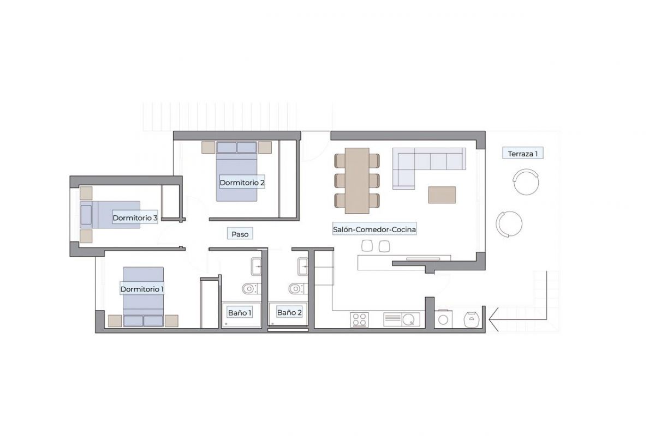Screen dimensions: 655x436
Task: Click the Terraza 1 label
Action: tap(522, 154)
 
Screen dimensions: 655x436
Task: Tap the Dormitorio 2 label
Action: tap(242, 183)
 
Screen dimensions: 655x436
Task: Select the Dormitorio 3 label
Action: tap(135, 218)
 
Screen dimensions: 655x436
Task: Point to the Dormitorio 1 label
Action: tap(142, 289)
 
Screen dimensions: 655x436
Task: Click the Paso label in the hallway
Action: tap(240, 234)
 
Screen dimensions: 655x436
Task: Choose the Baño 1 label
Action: tap(240, 313)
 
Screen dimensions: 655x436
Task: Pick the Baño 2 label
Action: tap(289, 312)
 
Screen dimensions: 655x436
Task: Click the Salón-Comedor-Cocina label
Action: tap(374, 229)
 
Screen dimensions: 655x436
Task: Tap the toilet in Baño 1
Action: tap(250, 289)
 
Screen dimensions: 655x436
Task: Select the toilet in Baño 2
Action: tap(297, 289)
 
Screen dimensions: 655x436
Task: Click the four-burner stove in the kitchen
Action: tap(359, 319)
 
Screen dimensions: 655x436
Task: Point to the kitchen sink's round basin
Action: tap(408, 319)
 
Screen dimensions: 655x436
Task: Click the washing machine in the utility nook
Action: tap(443, 319)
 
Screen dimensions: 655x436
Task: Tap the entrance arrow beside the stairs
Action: tap(517, 319)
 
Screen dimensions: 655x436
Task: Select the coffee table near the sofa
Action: tap(442, 195)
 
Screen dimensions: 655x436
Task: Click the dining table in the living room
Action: tap(357, 180)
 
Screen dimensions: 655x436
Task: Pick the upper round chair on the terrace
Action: tap(526, 181)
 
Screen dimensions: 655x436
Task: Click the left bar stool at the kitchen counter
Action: tap(367, 246)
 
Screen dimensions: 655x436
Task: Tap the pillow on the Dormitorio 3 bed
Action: tap(86, 215)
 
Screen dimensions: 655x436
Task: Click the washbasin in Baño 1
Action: tap(256, 267)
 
